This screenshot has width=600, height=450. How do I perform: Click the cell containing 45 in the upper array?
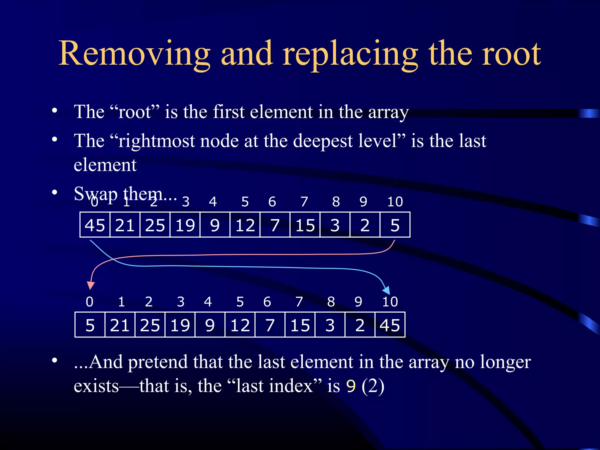point(95,225)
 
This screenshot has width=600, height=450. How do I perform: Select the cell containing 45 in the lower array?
point(390,325)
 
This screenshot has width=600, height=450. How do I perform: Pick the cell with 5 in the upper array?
point(395,225)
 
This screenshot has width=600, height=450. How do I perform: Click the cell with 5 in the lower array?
point(90,325)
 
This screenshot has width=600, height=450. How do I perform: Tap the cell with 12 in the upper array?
point(245,225)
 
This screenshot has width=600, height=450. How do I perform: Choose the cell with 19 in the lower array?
point(180,325)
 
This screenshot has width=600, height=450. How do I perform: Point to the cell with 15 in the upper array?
point(305,225)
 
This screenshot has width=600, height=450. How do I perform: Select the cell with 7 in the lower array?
point(270,325)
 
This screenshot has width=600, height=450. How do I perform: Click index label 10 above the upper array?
point(395,202)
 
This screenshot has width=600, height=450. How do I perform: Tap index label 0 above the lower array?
point(90,302)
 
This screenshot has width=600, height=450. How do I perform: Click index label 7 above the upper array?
point(304,202)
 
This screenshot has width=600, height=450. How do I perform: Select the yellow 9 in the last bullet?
point(351,386)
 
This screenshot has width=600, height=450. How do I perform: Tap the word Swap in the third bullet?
point(96,194)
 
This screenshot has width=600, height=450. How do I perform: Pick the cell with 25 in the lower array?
point(150,325)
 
